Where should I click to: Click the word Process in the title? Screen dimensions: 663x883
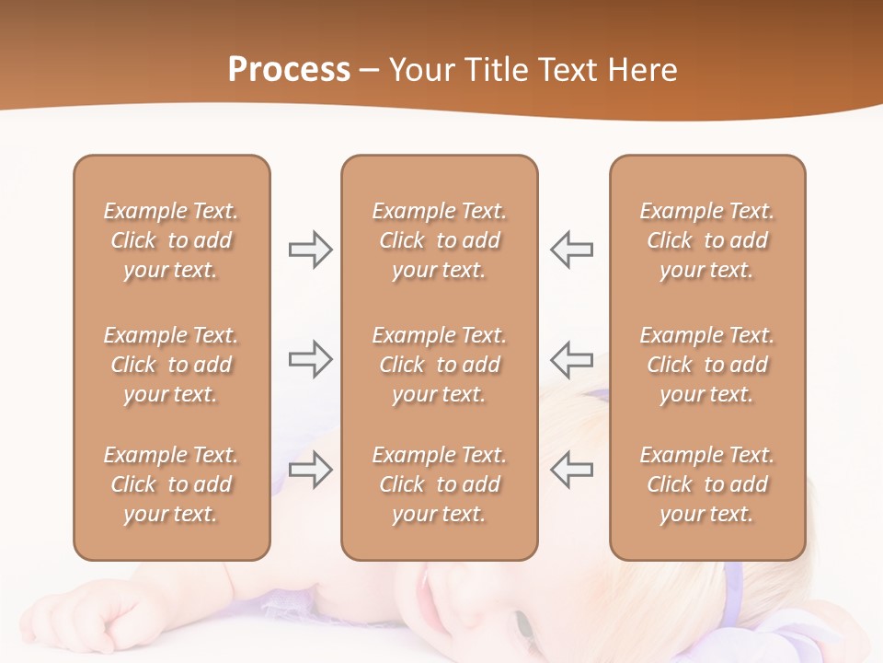(x=289, y=70)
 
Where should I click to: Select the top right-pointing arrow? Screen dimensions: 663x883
(x=310, y=250)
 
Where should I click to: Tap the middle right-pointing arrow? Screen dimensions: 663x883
(x=310, y=359)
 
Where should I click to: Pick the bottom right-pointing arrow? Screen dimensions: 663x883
(x=310, y=469)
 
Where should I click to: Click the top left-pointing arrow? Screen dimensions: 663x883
(x=572, y=250)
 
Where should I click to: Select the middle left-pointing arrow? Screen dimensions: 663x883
(x=572, y=359)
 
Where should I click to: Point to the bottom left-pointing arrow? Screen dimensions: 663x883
(x=572, y=469)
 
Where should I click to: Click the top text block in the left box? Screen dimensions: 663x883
(x=171, y=240)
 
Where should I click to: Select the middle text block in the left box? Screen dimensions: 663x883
(x=171, y=365)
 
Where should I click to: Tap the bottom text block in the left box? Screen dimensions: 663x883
(x=171, y=484)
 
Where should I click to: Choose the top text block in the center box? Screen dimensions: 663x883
(x=439, y=240)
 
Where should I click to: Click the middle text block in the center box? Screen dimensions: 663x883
(x=439, y=365)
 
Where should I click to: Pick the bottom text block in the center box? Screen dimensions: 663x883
(x=439, y=484)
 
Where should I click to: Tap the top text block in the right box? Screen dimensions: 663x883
(x=706, y=240)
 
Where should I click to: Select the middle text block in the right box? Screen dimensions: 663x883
(x=706, y=365)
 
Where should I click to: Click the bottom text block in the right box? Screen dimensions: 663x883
(x=706, y=484)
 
